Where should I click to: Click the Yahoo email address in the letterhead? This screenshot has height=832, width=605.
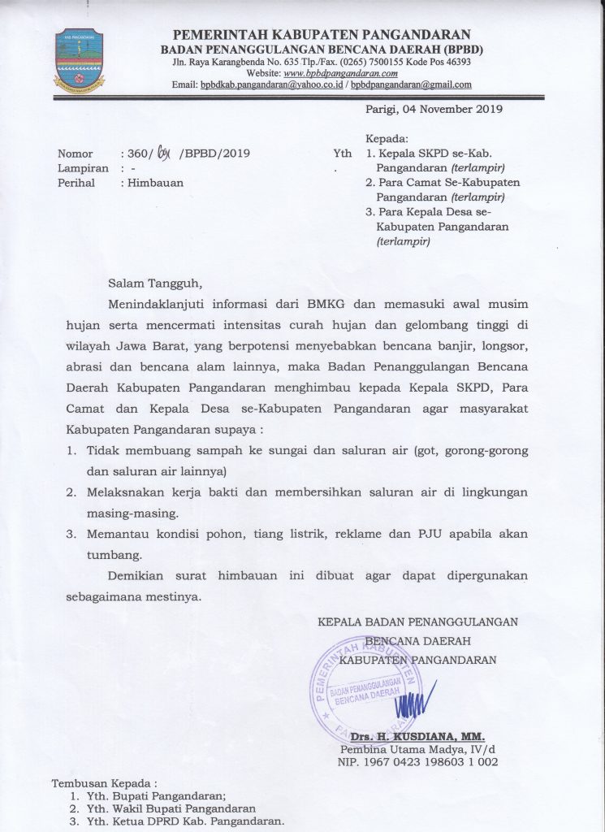point(273,84)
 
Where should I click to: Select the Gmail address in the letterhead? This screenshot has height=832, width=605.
point(411,84)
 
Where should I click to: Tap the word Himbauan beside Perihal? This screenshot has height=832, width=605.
point(151,183)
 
